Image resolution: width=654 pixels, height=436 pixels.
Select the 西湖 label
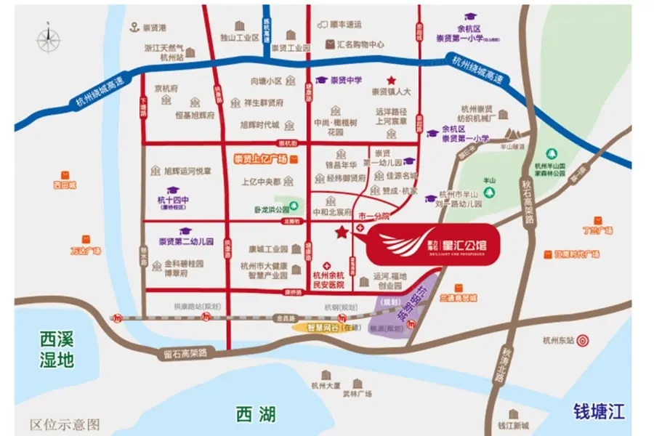pyautogui.click(x=256, y=414)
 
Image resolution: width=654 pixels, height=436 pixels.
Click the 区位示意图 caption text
pyautogui.click(x=65, y=424)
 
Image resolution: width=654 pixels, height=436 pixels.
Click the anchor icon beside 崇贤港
pyautogui.click(x=134, y=28)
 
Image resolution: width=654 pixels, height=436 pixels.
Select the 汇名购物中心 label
pyautogui.click(x=360, y=44)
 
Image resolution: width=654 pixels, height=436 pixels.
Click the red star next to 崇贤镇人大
pyautogui.click(x=392, y=80)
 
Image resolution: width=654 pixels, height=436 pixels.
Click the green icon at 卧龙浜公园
pyautogui.click(x=292, y=206)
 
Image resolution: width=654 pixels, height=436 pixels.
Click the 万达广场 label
pyautogui.click(x=85, y=251)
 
